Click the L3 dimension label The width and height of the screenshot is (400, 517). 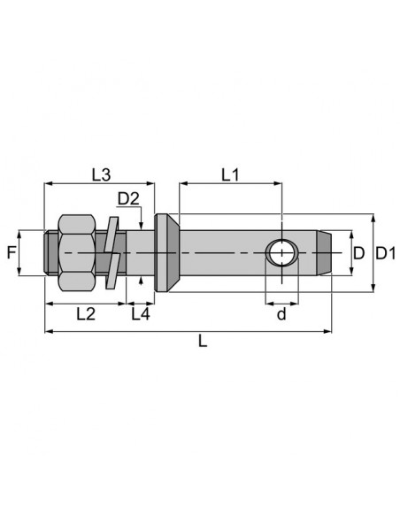(101, 175)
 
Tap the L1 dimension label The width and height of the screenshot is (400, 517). (230, 175)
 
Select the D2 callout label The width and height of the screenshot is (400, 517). (128, 199)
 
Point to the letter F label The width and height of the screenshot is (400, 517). (12, 253)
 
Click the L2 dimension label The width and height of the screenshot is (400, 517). (86, 314)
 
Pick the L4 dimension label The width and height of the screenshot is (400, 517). (141, 314)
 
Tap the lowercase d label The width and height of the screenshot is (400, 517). (281, 314)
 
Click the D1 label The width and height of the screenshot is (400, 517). (386, 253)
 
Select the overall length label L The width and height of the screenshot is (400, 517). (203, 341)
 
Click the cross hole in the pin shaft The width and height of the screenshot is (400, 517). (281, 253)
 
